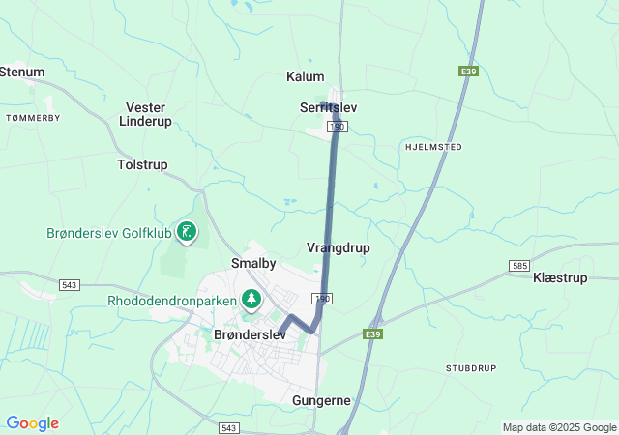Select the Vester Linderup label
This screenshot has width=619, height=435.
144,114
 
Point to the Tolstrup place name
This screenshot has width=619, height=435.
142,165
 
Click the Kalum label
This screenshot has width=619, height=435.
306,76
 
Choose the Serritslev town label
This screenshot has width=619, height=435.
329,107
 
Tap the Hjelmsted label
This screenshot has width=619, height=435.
431,147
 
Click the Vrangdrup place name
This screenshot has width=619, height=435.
338,247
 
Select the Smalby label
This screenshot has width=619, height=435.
254,263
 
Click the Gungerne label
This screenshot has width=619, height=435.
321,400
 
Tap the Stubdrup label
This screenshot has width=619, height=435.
470,369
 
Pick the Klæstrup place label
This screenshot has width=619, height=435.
560,277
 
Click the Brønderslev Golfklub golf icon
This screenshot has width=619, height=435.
187,231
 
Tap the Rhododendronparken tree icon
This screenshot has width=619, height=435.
251,300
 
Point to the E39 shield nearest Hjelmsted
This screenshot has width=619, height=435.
469,71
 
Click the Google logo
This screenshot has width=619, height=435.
32,423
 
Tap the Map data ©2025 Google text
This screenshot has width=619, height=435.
558,427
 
